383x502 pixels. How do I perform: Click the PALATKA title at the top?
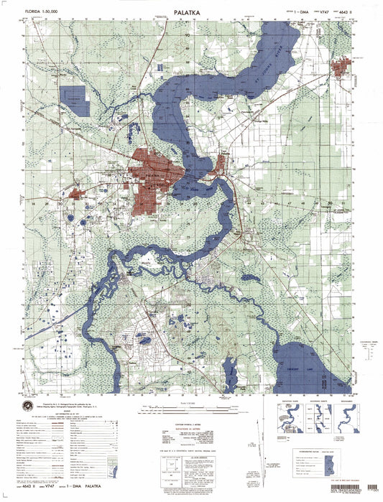(191, 12)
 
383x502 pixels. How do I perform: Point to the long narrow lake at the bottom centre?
(229, 372)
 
